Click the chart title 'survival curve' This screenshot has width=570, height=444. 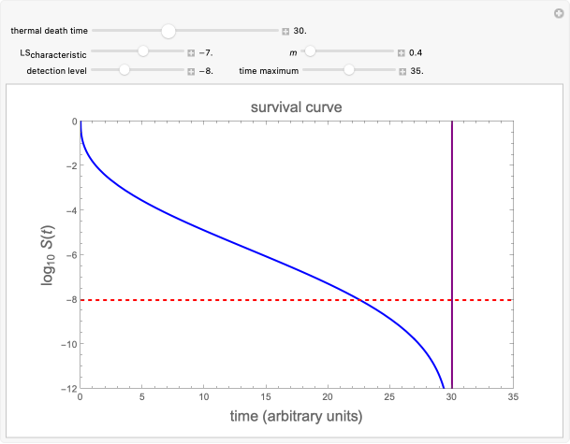click(296, 107)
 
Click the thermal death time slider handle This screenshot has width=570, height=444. click(168, 31)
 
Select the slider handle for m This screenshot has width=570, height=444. click(310, 52)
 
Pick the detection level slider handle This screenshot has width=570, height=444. click(124, 70)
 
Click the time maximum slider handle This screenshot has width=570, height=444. click(349, 70)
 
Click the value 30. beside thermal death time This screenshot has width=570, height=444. click(301, 31)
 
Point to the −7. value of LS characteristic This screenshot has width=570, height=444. click(207, 52)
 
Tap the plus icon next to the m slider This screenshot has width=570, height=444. click(400, 52)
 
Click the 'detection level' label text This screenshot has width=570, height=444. click(57, 70)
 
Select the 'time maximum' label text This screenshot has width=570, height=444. click(269, 70)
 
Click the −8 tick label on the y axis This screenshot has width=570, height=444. click(67, 299)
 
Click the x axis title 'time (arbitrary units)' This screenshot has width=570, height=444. click(296, 415)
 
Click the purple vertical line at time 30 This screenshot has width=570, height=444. click(452, 234)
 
